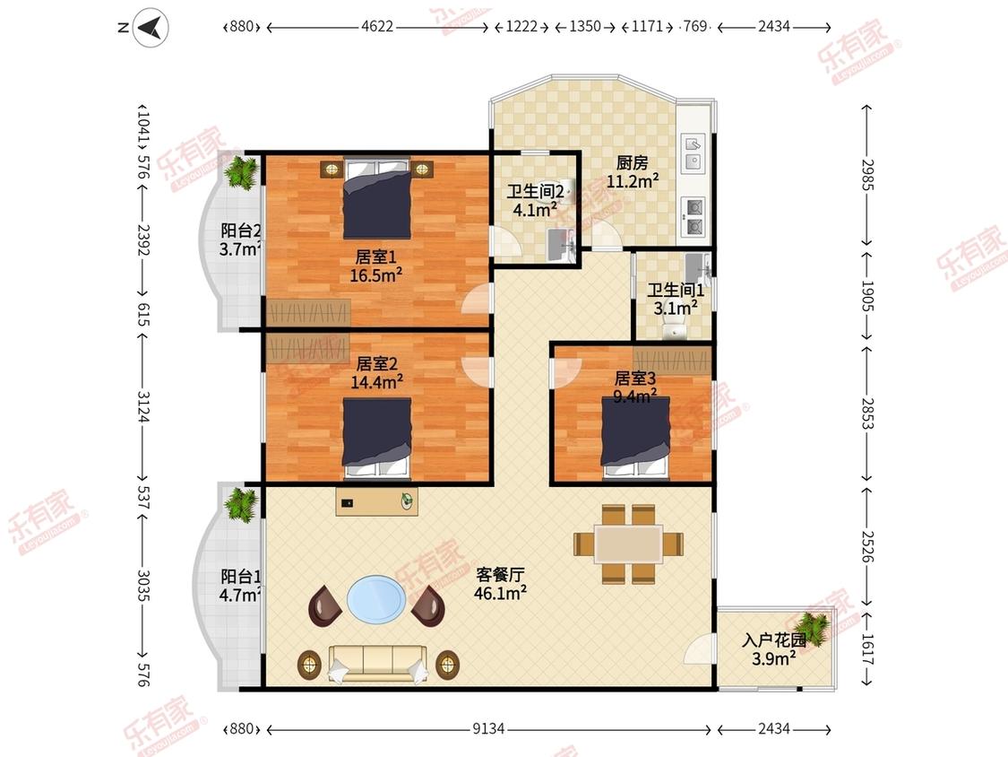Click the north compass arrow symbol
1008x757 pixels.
(x=151, y=27)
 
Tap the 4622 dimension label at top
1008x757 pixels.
(x=376, y=26)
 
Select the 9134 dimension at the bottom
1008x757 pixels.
(x=488, y=728)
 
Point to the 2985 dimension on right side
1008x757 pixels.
(x=868, y=174)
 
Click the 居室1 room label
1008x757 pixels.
(x=376, y=257)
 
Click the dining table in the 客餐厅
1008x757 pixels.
(x=629, y=544)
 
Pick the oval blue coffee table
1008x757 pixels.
(x=376, y=599)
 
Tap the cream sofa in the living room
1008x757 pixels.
(x=378, y=664)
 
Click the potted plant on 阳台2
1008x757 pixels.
(x=241, y=172)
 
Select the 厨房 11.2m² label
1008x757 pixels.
(x=633, y=172)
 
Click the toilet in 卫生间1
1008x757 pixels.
(x=674, y=329)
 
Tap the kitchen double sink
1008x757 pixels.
(x=694, y=152)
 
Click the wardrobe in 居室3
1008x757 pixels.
(x=672, y=359)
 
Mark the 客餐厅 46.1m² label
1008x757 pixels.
(x=500, y=584)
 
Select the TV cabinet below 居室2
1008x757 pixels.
(x=376, y=502)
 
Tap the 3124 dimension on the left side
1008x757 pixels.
(x=142, y=407)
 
